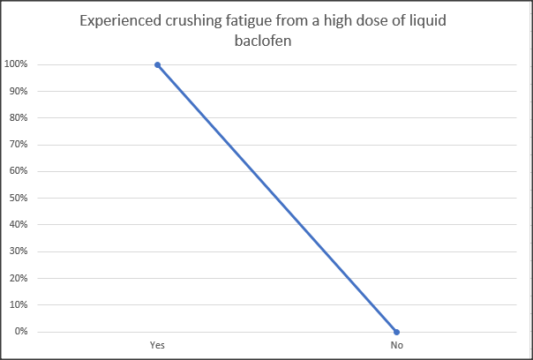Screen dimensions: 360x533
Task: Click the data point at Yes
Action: pyautogui.click(x=157, y=64)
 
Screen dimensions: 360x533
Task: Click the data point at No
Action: pyautogui.click(x=397, y=332)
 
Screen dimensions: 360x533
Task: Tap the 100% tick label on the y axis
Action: pyautogui.click(x=15, y=64)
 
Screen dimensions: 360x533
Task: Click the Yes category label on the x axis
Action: pyautogui.click(x=157, y=346)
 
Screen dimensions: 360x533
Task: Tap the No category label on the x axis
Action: pyautogui.click(x=397, y=346)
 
